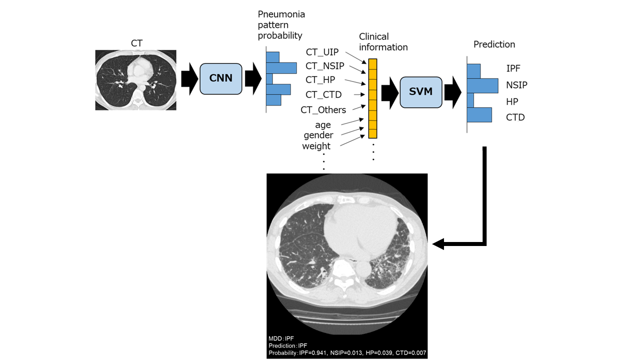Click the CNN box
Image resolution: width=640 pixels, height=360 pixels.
[220, 79]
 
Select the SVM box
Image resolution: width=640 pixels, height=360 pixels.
[421, 92]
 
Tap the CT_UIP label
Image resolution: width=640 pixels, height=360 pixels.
[322, 52]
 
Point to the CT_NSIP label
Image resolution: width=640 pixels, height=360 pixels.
[325, 65]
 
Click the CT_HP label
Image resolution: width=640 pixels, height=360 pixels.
[320, 79]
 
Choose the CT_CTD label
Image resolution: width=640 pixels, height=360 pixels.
[323, 94]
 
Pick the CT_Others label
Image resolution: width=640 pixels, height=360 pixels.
[323, 109]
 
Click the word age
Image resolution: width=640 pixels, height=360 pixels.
[323, 124]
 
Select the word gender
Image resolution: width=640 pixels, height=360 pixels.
[318, 135]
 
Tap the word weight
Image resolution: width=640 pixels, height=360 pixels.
[316, 146]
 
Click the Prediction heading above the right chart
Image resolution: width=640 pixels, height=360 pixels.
[494, 44]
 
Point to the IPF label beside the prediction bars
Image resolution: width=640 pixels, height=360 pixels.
[513, 68]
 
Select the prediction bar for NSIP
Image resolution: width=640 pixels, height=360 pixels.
[482, 85]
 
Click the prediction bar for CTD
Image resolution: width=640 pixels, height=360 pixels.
[479, 115]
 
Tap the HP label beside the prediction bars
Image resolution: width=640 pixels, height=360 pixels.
[512, 101]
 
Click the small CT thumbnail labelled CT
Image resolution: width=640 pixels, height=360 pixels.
[135, 79]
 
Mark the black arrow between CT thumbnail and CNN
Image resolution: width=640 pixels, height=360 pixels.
[189, 79]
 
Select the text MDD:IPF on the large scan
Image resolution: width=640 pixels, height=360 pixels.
[281, 338]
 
